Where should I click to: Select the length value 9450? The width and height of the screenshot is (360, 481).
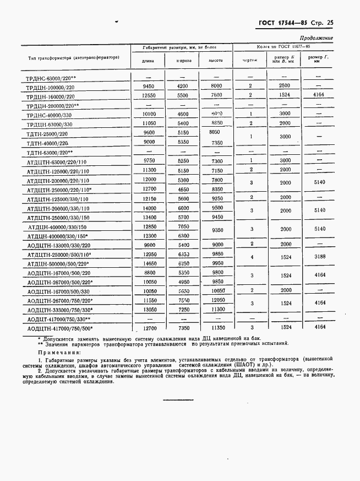pyautogui.click(x=148, y=87)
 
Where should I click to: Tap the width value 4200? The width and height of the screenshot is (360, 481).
pyautogui.click(x=183, y=87)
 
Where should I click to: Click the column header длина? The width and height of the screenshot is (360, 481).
pyautogui.click(x=148, y=61)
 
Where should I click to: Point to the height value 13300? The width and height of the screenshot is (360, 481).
pyautogui.click(x=219, y=310)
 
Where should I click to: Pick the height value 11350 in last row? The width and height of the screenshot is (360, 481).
pyautogui.click(x=219, y=328)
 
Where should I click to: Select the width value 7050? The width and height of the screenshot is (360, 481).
pyautogui.click(x=183, y=226)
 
